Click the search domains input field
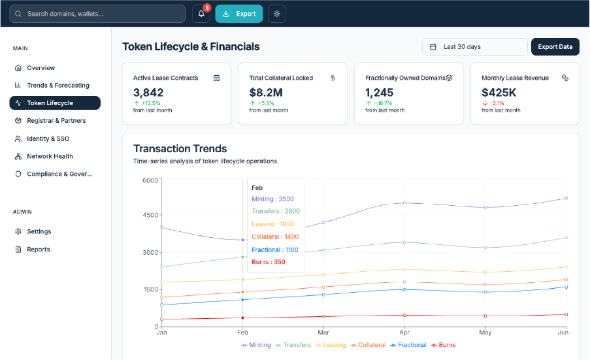point(98,14)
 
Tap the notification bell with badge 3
point(201,14)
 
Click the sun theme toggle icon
point(277,14)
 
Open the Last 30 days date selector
point(474,47)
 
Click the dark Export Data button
point(555,47)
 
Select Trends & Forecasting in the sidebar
point(57,86)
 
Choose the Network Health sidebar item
point(50,157)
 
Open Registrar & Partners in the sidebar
point(56,121)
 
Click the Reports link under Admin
point(38,250)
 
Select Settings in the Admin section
point(39,232)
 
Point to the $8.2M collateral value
point(266,93)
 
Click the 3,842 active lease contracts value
point(148,93)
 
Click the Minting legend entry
point(256,345)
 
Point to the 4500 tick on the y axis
point(150,215)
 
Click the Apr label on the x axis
point(404,333)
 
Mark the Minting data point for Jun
point(566,198)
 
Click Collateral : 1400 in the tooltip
point(275,237)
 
